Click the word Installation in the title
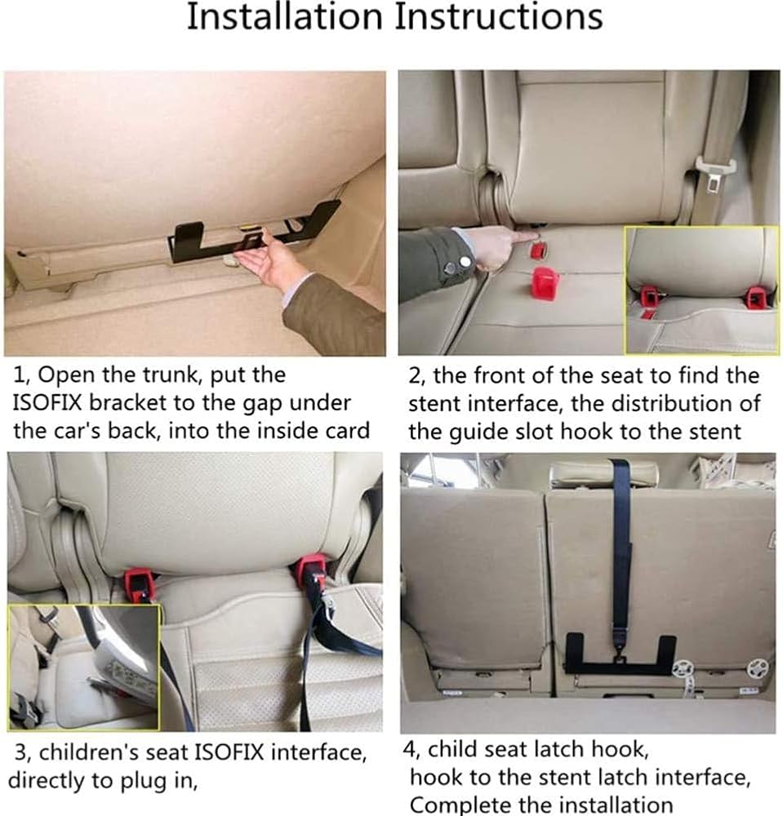click(284, 16)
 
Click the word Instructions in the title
click(499, 16)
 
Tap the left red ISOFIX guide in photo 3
click(139, 584)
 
